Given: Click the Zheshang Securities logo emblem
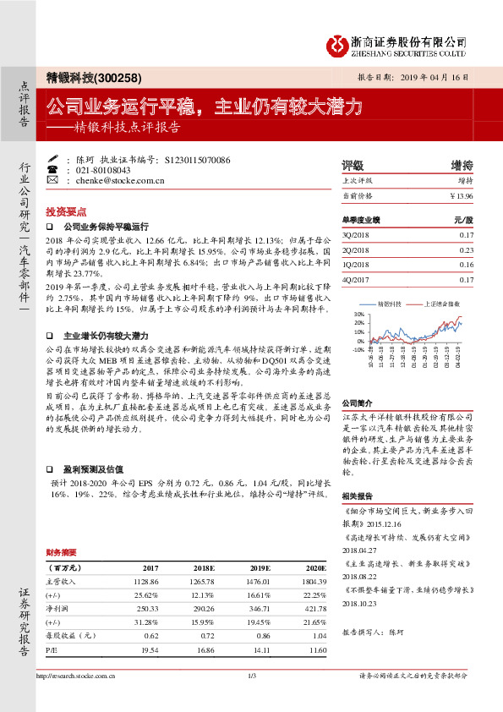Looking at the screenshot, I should tap(337, 43).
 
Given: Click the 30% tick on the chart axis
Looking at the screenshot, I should tap(358, 314).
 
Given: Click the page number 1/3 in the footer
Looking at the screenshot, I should tap(251, 698).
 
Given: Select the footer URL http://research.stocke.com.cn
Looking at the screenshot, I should tap(77, 698).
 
